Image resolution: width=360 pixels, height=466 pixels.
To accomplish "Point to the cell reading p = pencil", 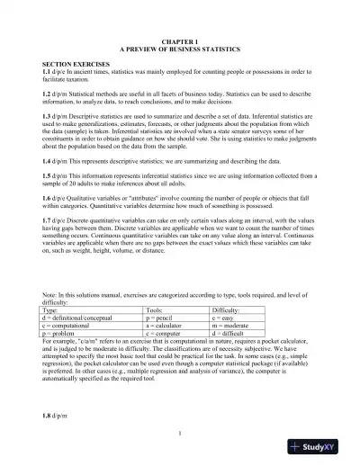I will click(161, 318).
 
